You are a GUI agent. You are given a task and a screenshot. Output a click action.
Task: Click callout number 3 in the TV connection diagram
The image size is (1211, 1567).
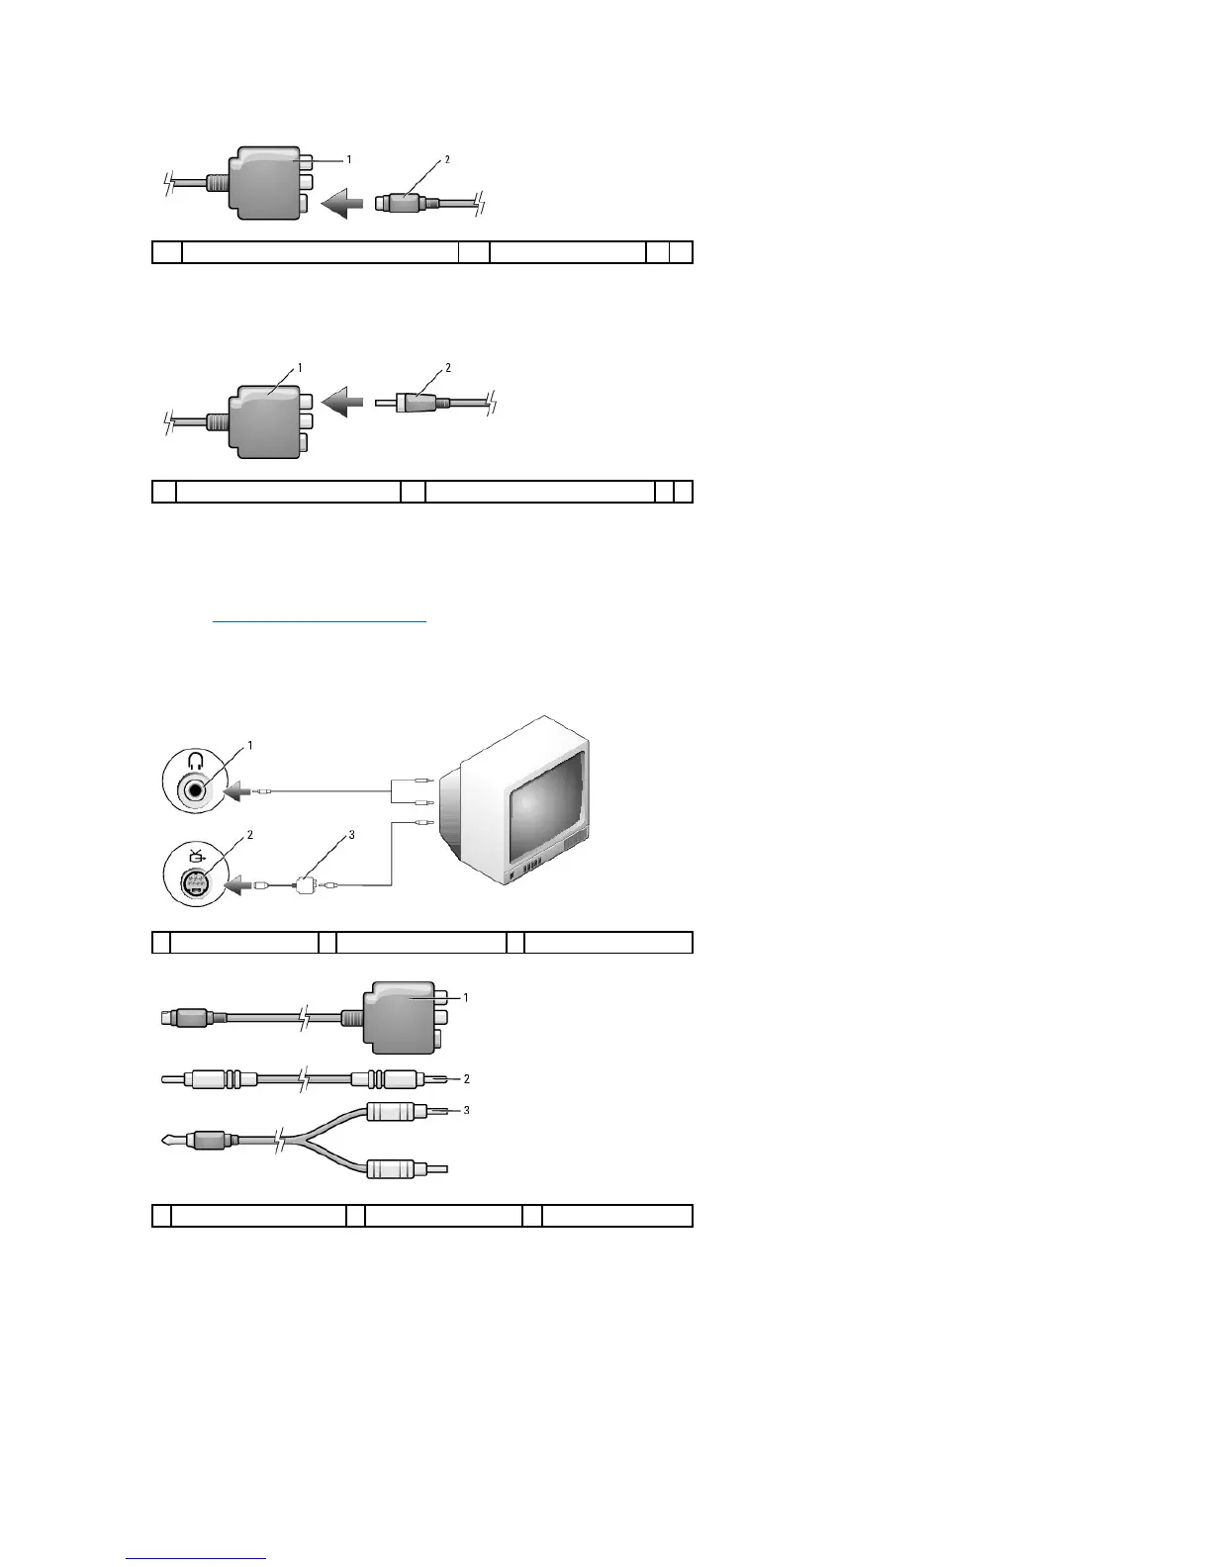351,835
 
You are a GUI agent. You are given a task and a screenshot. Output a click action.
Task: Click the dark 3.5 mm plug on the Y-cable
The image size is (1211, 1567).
209,1140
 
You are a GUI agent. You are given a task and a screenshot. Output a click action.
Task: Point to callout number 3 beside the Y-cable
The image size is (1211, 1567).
466,1110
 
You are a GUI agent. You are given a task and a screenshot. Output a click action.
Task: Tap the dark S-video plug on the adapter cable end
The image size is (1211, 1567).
188,1016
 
